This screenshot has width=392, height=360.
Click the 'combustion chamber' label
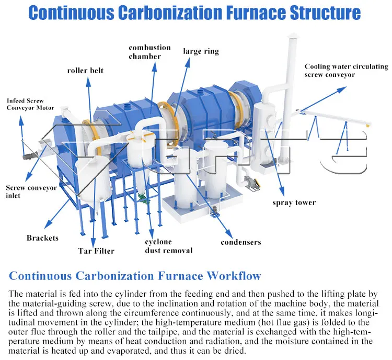coord(149,52)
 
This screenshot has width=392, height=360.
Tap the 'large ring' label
coord(201,51)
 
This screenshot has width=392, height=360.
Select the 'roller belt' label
coord(85,70)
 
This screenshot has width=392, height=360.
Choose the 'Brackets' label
coord(42,238)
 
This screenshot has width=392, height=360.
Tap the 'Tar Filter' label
coord(96,251)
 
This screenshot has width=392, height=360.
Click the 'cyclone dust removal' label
coord(168,246)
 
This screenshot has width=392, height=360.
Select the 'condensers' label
coord(240,242)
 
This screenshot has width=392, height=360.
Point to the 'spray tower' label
coord(294,203)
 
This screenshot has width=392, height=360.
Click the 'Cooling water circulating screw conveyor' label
coord(346,71)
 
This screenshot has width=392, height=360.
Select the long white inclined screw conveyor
coord(335,117)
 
